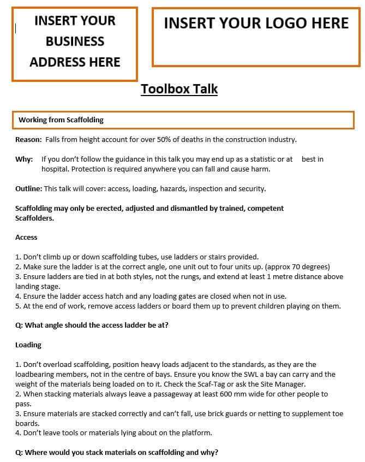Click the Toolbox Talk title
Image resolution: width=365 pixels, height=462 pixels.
(x=179, y=89)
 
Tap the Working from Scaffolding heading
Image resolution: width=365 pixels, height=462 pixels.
(x=61, y=120)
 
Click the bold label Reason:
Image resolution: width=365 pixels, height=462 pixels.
(x=28, y=139)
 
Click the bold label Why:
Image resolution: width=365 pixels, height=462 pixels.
(x=23, y=159)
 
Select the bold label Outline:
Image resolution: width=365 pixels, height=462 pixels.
(x=28, y=188)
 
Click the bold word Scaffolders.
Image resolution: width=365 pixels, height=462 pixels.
(x=35, y=217)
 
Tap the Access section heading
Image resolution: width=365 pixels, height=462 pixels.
(x=26, y=237)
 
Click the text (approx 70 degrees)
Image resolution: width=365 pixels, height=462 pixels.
(x=296, y=266)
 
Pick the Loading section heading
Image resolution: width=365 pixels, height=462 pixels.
(x=28, y=345)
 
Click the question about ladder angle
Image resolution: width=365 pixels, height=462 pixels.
(x=92, y=325)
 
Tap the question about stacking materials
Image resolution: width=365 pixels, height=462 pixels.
(x=117, y=452)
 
